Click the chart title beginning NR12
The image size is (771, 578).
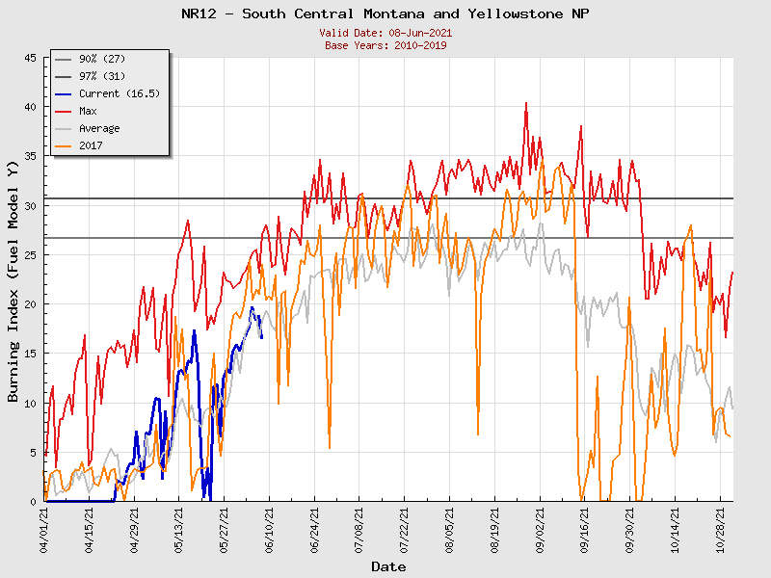point(385,13)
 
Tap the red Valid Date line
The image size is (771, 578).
point(385,33)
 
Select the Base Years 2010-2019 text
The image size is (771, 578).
point(385,45)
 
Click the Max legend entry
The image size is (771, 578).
point(88,111)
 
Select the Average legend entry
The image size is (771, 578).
point(99,128)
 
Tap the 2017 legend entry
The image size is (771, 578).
point(92,145)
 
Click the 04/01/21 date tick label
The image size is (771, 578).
point(44,531)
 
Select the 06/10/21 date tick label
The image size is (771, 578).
point(270,531)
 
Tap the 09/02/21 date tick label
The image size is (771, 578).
point(541,531)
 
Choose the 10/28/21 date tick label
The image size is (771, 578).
point(721,531)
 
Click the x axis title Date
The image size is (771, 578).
point(388,566)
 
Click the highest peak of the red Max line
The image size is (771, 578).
point(525,102)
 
